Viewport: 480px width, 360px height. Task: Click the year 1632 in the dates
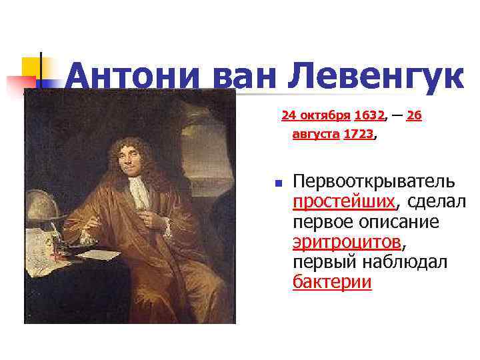click(369, 116)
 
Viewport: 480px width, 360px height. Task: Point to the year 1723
click(358, 134)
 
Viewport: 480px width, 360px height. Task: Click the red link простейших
click(343, 201)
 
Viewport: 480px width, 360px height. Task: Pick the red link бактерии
click(332, 282)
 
